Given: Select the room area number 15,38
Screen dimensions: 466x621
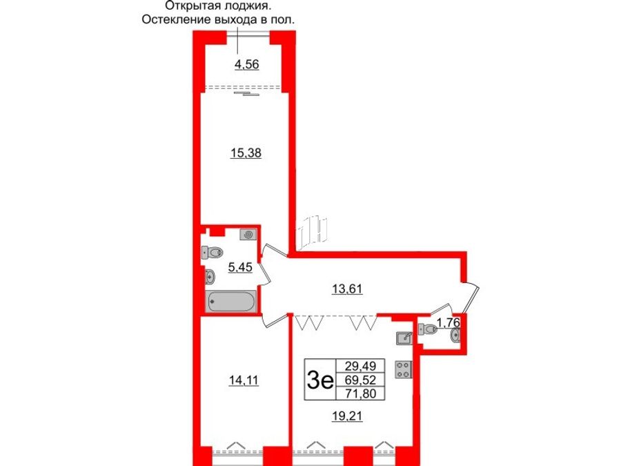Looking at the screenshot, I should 245,153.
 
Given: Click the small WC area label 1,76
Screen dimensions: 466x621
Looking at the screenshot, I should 448,321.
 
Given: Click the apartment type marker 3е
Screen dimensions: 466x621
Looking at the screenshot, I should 319,380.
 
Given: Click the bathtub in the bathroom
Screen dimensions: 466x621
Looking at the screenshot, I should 231,301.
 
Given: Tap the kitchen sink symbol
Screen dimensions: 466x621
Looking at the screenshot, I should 404,338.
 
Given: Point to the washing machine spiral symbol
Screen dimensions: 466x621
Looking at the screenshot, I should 248,235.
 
